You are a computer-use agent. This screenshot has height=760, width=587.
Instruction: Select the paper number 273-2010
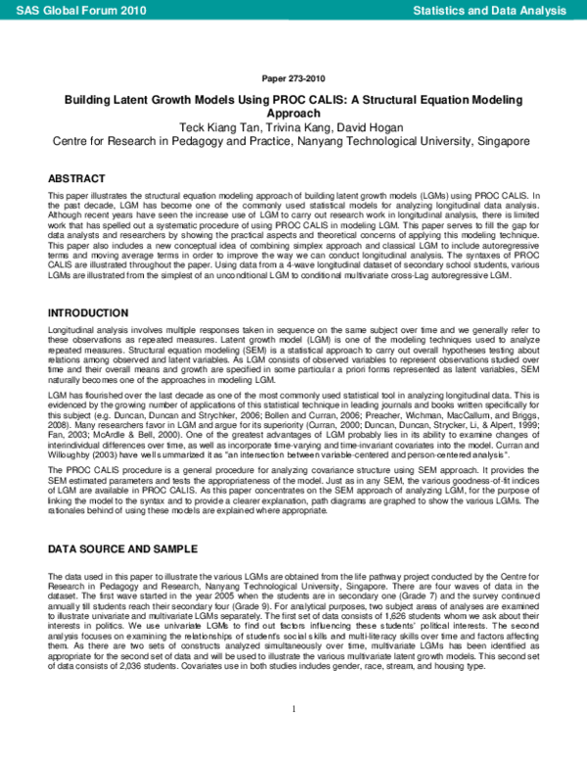293,78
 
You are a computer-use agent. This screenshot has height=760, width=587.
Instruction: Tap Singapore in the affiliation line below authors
499,141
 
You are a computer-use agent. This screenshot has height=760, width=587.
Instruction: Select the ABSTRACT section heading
76,179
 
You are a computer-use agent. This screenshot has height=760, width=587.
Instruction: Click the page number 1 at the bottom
293,735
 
